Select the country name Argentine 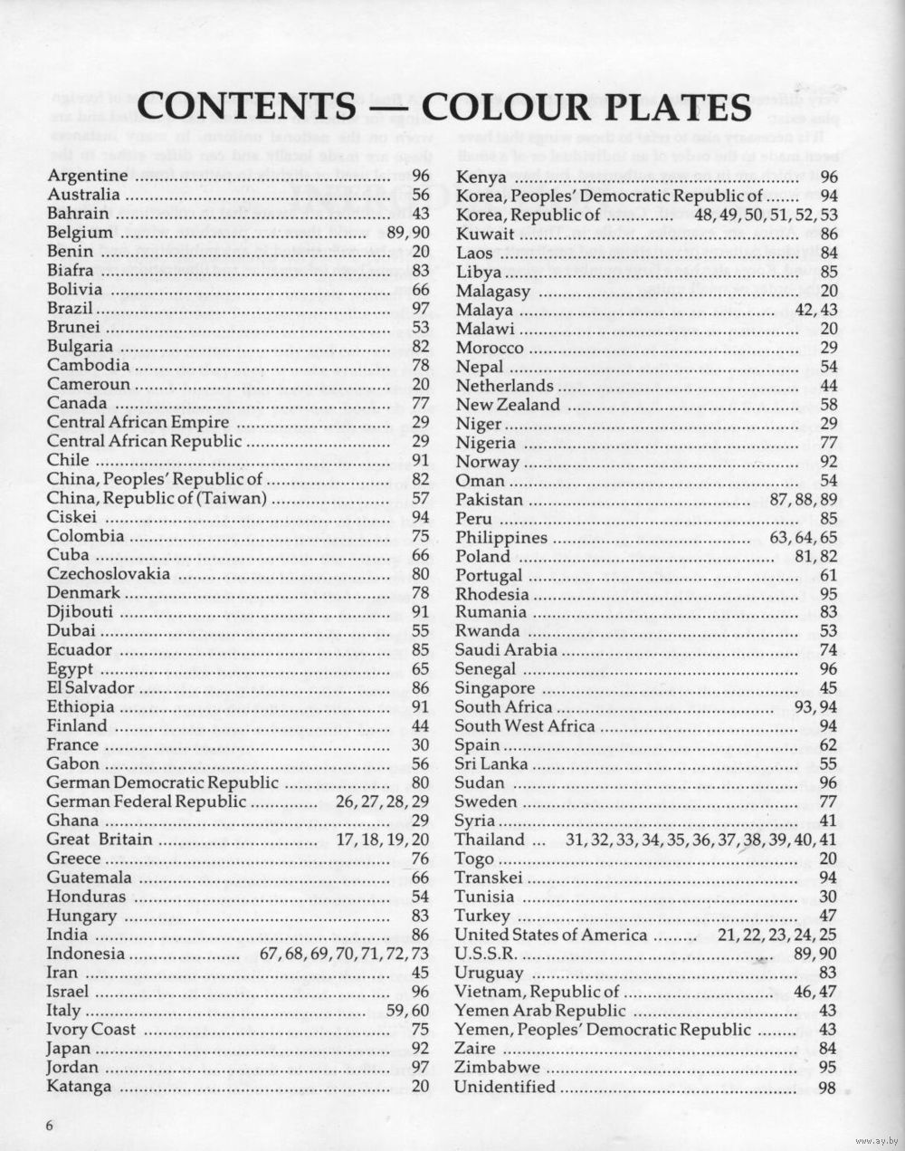tap(87, 176)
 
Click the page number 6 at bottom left tap(52, 1124)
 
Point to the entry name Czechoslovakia tap(108, 574)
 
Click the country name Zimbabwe tap(497, 1068)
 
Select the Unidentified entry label tap(504, 1087)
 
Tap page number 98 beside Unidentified tap(827, 1088)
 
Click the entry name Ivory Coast tap(90, 1030)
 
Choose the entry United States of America tap(550, 935)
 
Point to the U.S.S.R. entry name tap(485, 954)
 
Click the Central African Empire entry tap(138, 422)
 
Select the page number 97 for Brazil tap(420, 309)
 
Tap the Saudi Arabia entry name tap(506, 649)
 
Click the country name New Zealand tap(508, 404)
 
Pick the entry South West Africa tap(525, 725)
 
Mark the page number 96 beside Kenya tap(828, 177)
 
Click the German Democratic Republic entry tap(162, 782)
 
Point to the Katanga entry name tap(79, 1087)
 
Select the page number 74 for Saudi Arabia tap(828, 649)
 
